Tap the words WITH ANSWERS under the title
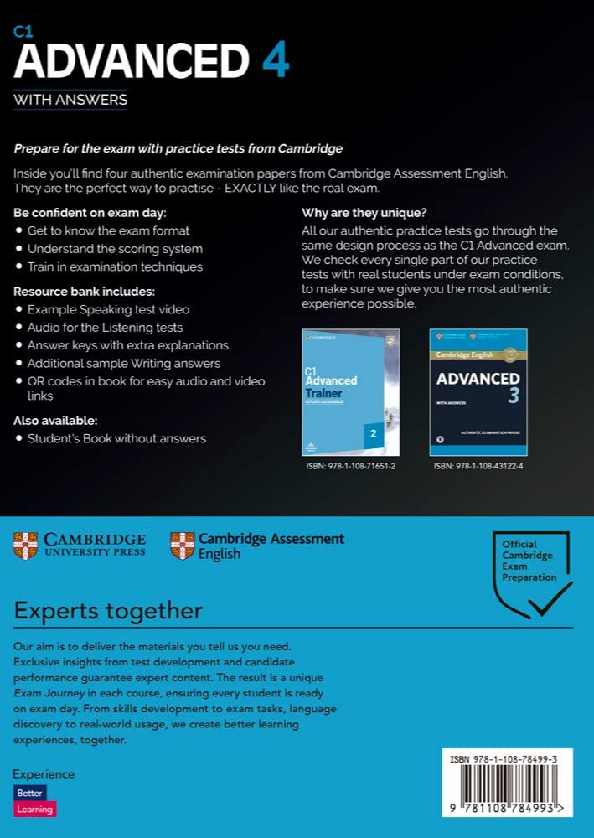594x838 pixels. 70,101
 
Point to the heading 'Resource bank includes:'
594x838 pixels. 85,291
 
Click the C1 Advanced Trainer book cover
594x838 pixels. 350,391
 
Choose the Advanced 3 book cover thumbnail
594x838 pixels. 478,391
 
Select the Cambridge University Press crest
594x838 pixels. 26,545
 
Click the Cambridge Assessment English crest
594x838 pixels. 182,545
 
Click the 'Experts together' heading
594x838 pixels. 108,610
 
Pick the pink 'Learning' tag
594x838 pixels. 34,810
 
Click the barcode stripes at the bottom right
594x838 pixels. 508,790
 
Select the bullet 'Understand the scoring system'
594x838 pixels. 115,249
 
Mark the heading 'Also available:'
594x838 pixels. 55,420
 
